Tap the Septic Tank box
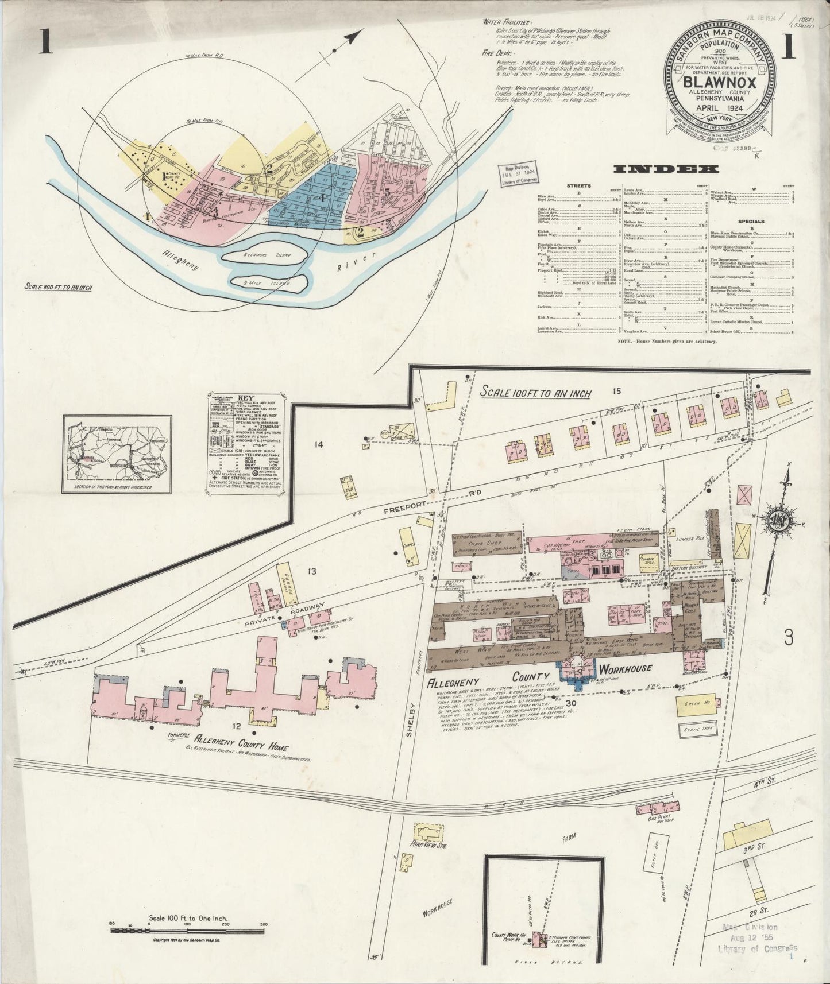(696, 730)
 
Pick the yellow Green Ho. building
(696, 707)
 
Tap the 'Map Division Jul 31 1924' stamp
(518, 171)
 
